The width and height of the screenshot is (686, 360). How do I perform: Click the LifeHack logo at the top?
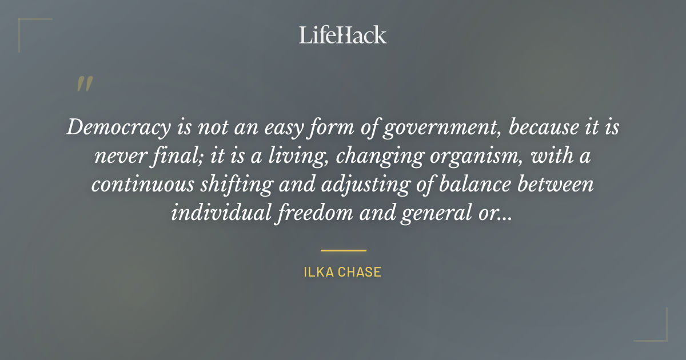click(x=342, y=35)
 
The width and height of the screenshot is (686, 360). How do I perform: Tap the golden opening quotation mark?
click(x=84, y=84)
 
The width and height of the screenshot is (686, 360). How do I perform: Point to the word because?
click(x=540, y=127)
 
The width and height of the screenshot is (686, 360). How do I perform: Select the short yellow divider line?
click(x=343, y=250)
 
